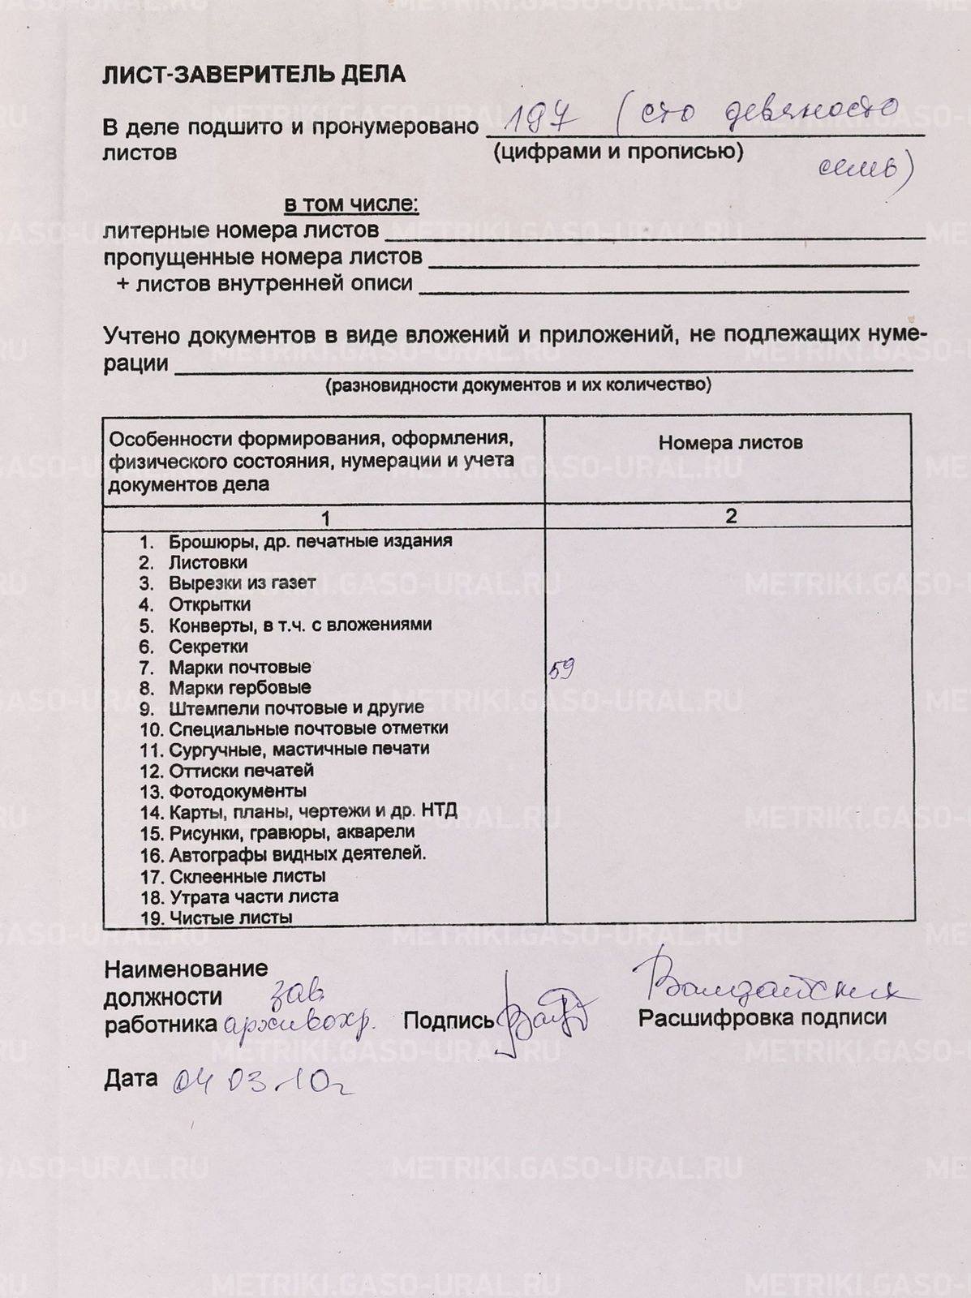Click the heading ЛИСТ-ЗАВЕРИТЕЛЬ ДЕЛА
[254, 75]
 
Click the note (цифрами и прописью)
[618, 152]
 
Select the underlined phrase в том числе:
[350, 204]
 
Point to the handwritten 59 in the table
[561, 670]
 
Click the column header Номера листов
[730, 443]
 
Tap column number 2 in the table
[731, 516]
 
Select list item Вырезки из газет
[242, 583]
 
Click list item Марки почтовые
[239, 667]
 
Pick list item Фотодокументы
[237, 791]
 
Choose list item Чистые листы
[230, 918]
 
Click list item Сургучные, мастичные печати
[299, 749]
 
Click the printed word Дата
[131, 1078]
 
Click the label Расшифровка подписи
[762, 1017]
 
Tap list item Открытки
[209, 604]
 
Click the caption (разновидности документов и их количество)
[518, 385]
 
